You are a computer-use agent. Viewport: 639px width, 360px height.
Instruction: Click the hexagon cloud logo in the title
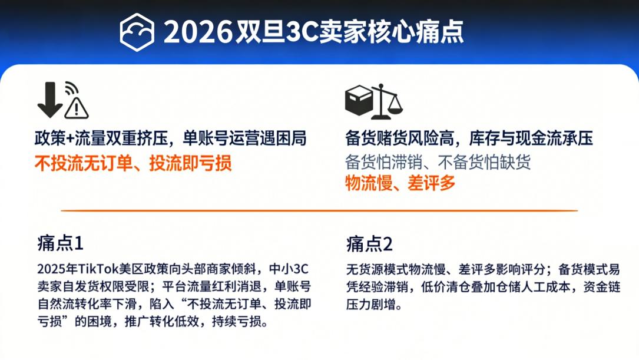point(137,32)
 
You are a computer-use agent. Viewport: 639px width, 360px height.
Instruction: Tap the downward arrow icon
point(50,100)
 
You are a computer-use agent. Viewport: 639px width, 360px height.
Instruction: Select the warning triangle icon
point(77,108)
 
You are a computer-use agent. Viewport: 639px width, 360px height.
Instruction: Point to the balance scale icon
point(388,101)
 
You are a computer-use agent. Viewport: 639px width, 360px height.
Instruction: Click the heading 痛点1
point(60,243)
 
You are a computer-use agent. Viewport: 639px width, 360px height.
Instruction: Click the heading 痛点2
point(369,243)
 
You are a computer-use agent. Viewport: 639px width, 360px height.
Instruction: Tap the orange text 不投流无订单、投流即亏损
point(133,163)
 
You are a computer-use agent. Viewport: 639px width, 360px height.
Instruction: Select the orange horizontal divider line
point(319,210)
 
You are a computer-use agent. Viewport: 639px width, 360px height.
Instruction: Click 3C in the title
point(301,32)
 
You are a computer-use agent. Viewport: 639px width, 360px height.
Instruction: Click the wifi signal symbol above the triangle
point(71,89)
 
